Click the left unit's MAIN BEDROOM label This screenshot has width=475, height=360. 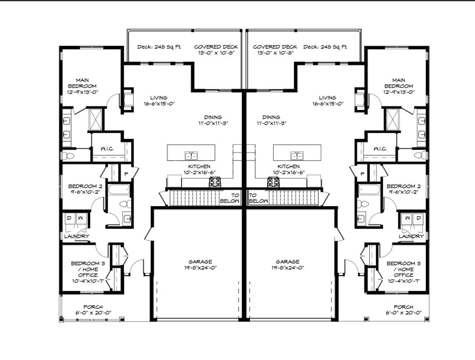point(82,86)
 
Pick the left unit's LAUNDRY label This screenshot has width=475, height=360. point(77,236)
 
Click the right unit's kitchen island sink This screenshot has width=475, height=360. point(296,155)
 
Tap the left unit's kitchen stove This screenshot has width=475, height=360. point(215,182)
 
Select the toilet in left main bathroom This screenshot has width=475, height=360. point(68,156)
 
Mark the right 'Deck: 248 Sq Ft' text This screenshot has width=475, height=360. point(325,46)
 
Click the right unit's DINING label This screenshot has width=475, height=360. point(271,121)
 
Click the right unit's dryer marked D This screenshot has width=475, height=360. point(419,218)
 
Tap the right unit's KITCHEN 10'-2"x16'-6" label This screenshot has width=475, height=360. point(289,169)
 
